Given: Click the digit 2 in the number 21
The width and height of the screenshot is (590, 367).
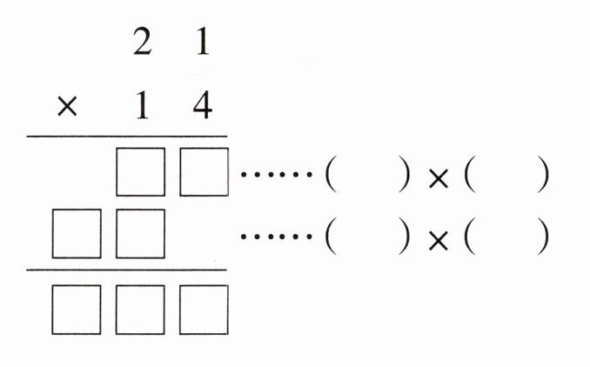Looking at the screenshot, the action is (142, 42).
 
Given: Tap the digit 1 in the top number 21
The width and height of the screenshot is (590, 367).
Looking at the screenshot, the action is (203, 42).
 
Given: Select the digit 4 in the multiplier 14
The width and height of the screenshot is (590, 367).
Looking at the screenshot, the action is (203, 105).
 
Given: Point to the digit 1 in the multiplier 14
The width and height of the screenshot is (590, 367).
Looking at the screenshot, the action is (142, 105).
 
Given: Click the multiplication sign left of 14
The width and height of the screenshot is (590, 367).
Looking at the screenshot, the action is (67, 105).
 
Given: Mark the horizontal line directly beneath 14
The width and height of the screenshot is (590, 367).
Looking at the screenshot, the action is (127, 137).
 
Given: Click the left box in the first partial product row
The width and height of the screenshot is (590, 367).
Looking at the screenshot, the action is (140, 172).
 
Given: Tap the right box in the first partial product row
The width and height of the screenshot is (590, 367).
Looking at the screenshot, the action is (204, 172).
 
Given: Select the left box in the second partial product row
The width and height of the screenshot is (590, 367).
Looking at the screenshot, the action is (77, 234).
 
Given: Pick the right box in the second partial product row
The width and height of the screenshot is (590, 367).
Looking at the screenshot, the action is (140, 234).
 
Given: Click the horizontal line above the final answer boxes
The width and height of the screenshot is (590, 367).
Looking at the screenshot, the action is (126, 270).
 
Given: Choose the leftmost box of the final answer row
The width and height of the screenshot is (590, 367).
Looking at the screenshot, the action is (77, 310).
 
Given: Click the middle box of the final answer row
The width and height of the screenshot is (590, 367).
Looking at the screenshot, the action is (140, 310).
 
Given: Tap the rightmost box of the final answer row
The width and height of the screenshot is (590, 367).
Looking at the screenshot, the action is (204, 310).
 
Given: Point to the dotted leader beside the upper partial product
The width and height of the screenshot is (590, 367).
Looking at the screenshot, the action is (277, 175).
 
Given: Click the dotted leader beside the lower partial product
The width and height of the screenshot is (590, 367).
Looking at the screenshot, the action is (277, 237).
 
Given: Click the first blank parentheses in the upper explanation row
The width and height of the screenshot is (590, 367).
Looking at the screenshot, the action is (367, 174).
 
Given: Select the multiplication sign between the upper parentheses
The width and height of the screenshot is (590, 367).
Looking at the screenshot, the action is (439, 178).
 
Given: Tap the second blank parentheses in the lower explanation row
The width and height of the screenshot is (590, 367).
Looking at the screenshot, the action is (506, 237).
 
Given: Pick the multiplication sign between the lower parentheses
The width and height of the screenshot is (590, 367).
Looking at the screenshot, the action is (439, 241).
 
